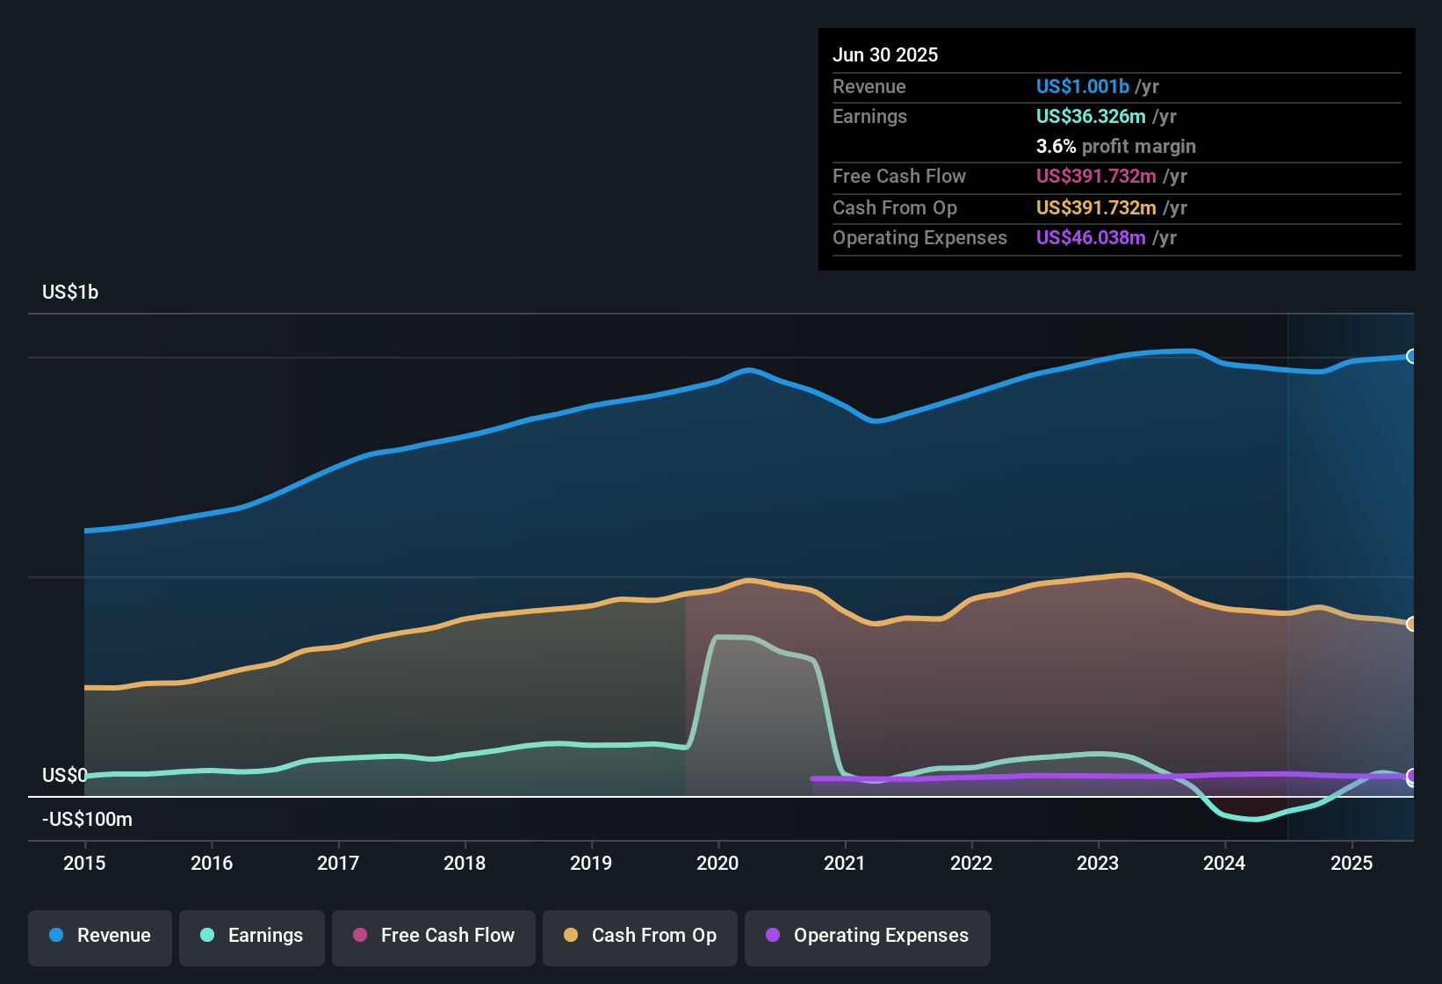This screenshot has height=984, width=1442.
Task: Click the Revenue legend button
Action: click(x=100, y=936)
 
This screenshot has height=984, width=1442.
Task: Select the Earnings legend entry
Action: click(x=252, y=936)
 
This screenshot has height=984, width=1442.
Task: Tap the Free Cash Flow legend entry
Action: click(x=434, y=936)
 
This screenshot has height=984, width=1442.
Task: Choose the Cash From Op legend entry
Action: click(x=640, y=936)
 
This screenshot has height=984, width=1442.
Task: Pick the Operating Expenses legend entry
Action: click(x=868, y=936)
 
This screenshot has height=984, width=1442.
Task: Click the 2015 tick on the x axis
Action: click(x=84, y=863)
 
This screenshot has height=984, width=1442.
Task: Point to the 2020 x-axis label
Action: click(x=717, y=863)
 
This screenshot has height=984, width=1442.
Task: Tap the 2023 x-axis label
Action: click(x=1098, y=863)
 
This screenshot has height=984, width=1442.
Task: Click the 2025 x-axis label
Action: click(x=1351, y=863)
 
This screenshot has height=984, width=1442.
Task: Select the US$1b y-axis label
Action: click(x=70, y=293)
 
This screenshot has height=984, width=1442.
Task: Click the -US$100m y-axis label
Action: click(x=87, y=820)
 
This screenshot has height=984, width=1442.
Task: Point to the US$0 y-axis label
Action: click(x=64, y=775)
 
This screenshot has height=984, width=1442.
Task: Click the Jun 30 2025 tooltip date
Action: click(x=885, y=55)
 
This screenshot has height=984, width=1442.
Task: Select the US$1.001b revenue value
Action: click(x=1082, y=87)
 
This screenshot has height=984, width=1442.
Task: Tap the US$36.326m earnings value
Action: click(x=1090, y=117)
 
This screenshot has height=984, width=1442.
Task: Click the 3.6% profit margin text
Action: click(x=1115, y=147)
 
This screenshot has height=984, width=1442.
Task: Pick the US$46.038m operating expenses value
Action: click(x=1090, y=238)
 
